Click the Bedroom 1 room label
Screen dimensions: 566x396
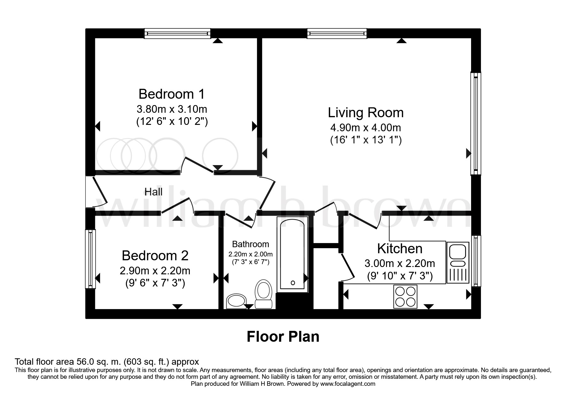click(172, 94)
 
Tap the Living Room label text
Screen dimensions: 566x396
click(366, 113)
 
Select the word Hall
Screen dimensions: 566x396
click(153, 192)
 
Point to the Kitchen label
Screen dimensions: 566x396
click(399, 248)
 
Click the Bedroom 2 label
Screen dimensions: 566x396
click(155, 256)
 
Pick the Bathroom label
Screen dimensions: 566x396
click(251, 244)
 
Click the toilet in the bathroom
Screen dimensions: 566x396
click(263, 294)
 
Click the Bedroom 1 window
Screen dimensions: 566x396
click(177, 33)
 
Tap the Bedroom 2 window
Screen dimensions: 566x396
click(91, 259)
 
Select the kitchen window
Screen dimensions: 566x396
click(476, 261)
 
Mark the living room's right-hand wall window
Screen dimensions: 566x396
click(476, 124)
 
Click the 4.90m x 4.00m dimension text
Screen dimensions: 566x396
click(366, 128)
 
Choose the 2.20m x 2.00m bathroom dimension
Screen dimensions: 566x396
click(251, 255)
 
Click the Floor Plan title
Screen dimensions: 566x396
click(283, 337)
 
